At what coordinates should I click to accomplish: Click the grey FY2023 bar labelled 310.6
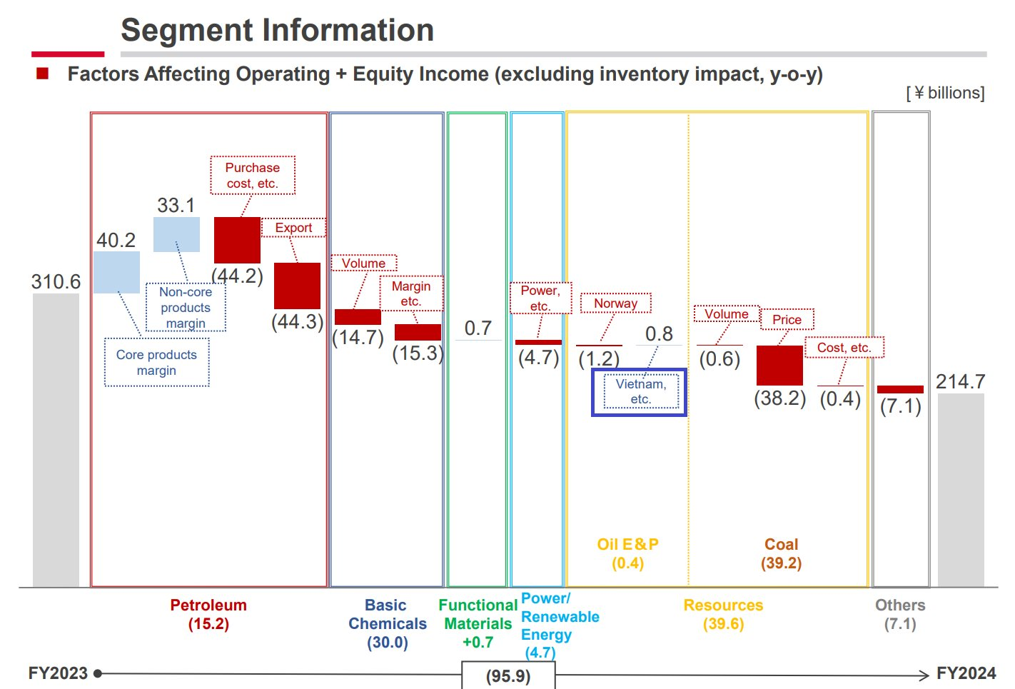click(56, 439)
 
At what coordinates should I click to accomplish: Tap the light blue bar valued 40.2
click(116, 272)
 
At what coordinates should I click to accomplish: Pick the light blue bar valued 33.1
click(176, 234)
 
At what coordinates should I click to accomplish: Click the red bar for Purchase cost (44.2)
click(237, 240)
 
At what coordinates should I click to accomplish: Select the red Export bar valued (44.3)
click(297, 286)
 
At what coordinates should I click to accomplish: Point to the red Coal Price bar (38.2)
click(779, 366)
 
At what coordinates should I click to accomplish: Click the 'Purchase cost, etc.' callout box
click(253, 176)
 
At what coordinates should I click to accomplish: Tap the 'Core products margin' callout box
click(157, 363)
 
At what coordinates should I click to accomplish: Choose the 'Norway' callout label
click(615, 303)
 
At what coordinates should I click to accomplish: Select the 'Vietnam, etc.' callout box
click(640, 391)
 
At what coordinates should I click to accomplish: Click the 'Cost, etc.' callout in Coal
click(844, 348)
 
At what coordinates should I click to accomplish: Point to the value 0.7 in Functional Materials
click(478, 328)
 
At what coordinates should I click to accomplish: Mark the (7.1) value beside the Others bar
click(900, 407)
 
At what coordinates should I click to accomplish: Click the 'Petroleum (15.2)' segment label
click(208, 615)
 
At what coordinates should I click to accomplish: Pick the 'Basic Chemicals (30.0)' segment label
click(387, 624)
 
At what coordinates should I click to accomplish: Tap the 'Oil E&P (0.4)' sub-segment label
click(627, 553)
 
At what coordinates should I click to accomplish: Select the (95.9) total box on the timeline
click(508, 675)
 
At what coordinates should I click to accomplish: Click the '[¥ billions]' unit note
click(945, 93)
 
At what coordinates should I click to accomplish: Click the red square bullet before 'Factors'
click(43, 74)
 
